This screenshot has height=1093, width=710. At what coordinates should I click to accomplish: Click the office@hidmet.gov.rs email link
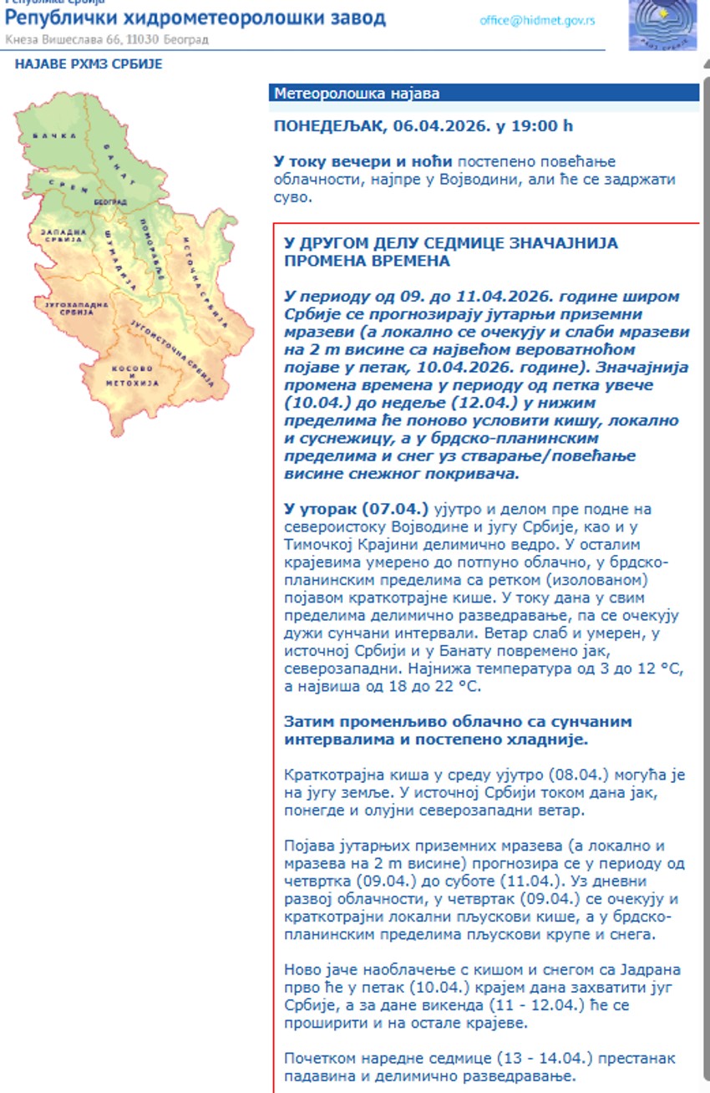click(x=537, y=20)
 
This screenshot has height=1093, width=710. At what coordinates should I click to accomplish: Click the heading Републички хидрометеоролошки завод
click(x=195, y=18)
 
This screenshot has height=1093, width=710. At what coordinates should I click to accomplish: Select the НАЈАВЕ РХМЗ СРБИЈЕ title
click(x=89, y=64)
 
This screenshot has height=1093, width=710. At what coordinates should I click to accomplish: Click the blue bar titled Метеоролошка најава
click(x=484, y=94)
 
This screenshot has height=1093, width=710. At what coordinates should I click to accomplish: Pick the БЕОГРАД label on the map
click(x=110, y=202)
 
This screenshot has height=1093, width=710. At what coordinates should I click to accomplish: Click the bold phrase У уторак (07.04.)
click(x=357, y=509)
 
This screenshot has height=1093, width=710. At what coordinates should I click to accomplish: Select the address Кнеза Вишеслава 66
click(x=62, y=39)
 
